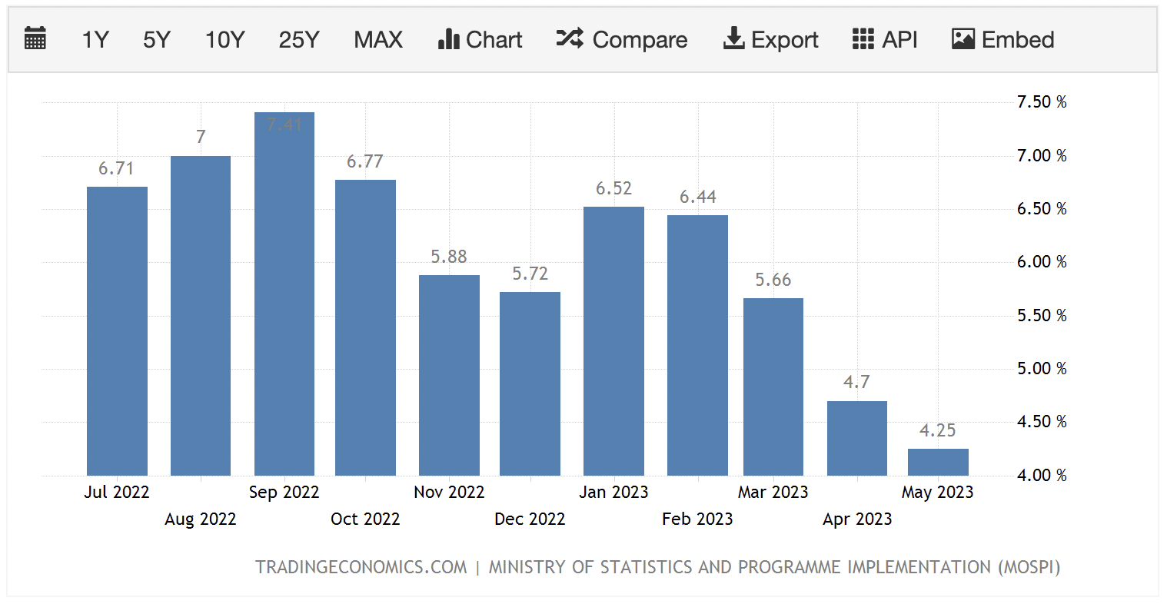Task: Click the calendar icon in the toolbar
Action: pos(35,39)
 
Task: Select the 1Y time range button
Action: pos(95,40)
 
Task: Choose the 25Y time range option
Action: pos(298,40)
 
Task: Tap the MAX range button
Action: pos(377,40)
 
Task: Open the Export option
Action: pos(770,40)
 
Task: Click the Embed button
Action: pos(1002,40)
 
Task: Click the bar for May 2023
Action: pos(938,462)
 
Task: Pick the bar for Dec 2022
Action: pos(530,383)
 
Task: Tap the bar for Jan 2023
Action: pos(613,341)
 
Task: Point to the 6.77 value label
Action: pos(364,161)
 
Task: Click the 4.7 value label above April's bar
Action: pos(856,382)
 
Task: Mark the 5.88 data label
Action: pos(449,257)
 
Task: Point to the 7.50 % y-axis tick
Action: pos(1042,102)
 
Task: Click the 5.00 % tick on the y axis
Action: pos(1042,369)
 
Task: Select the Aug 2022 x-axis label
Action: pos(200,519)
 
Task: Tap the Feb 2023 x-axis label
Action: pos(697,519)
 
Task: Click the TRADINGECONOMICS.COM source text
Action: pos(361,568)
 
